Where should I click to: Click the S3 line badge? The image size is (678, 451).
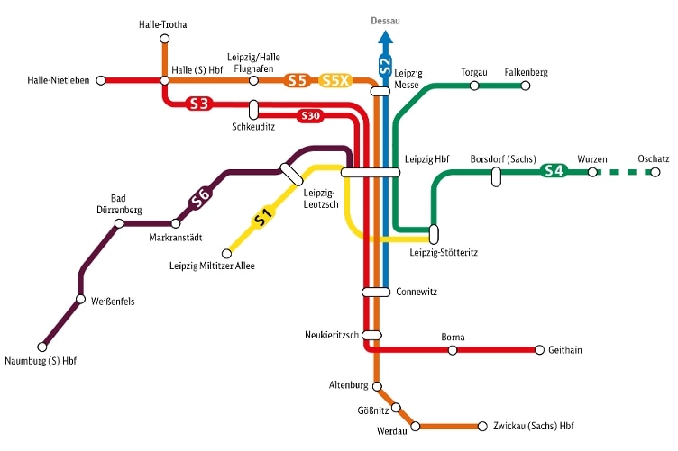tap(199, 104)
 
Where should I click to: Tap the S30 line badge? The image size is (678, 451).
tap(310, 116)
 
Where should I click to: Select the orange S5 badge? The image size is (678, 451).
tap(298, 80)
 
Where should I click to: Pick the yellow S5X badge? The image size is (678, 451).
tap(334, 80)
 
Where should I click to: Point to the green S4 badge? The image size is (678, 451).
tap(554, 170)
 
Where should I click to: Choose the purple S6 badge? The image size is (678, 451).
tap(201, 197)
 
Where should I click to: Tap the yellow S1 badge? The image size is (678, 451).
tap(261, 217)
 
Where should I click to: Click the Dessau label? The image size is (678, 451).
tap(385, 20)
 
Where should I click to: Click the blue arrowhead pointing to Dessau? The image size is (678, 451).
tap(385, 37)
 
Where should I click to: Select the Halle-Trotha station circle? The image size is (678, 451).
tap(164, 39)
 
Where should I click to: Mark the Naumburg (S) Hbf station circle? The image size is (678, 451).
tap(41, 347)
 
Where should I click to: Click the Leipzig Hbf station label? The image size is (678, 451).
tap(427, 158)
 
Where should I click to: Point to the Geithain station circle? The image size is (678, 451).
tap(539, 349)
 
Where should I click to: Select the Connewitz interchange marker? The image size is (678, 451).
tap(375, 292)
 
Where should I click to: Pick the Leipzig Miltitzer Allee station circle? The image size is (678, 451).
tap(226, 253)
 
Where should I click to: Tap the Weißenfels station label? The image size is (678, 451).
tap(113, 302)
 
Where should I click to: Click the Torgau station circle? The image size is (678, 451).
tap(474, 86)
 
